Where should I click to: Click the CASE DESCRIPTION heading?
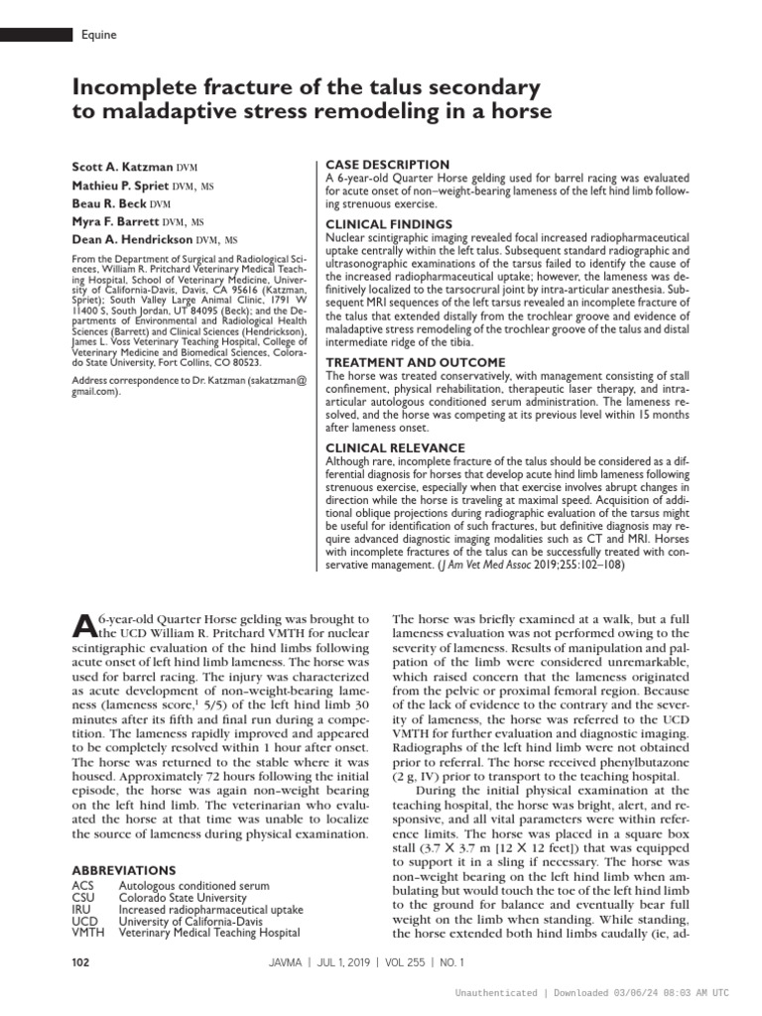click(x=388, y=164)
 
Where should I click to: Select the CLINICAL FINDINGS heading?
click(x=389, y=224)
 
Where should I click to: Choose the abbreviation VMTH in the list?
click(x=88, y=933)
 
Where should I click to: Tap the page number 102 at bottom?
click(x=82, y=962)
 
